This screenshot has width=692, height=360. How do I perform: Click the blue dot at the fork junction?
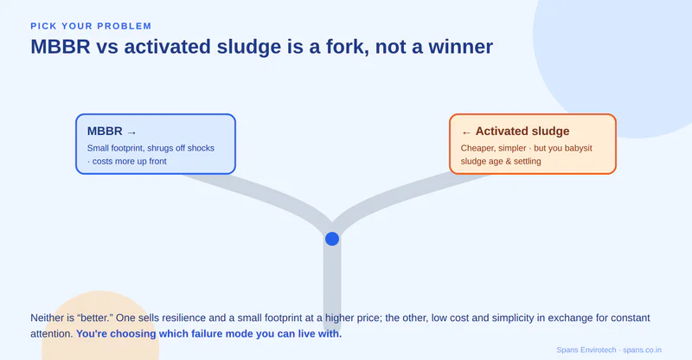pyautogui.click(x=332, y=239)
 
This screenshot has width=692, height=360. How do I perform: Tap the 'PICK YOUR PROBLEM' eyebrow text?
pyautogui.click(x=91, y=26)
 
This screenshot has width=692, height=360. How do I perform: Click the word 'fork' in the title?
pyautogui.click(x=344, y=47)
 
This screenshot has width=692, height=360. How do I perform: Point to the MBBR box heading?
pyautogui.click(x=105, y=132)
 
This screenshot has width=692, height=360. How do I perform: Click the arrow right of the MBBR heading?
pyautogui.click(x=131, y=132)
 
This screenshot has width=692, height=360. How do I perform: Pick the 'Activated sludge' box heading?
pyautogui.click(x=522, y=132)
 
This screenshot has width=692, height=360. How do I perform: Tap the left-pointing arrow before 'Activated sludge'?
pyautogui.click(x=466, y=132)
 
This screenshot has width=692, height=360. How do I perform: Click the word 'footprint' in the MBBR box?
pyautogui.click(x=127, y=148)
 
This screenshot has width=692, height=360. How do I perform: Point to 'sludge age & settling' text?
pyautogui.click(x=501, y=161)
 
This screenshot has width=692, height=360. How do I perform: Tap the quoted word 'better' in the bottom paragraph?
pyautogui.click(x=95, y=318)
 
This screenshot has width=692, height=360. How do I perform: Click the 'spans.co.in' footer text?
pyautogui.click(x=642, y=350)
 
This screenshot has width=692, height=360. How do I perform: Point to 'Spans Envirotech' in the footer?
pyautogui.click(x=586, y=350)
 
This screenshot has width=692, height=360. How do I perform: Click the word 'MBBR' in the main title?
pyautogui.click(x=61, y=47)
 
